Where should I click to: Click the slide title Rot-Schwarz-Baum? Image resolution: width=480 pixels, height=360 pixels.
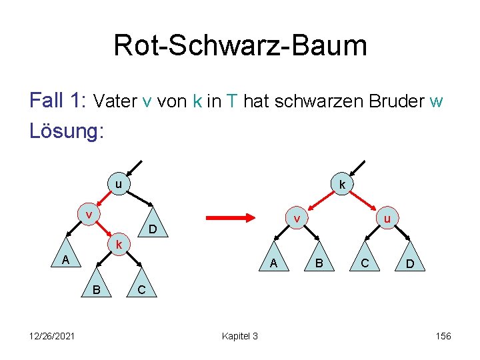(240, 45)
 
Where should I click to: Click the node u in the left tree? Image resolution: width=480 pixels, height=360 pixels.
(117, 184)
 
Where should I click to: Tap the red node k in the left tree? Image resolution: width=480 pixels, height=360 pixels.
(118, 244)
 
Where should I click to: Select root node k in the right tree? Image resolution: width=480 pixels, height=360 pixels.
(341, 184)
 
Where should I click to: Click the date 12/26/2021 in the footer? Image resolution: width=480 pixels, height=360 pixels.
(51, 336)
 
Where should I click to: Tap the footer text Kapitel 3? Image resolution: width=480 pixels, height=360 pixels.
(239, 336)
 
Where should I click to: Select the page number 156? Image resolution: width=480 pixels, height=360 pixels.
(443, 336)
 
